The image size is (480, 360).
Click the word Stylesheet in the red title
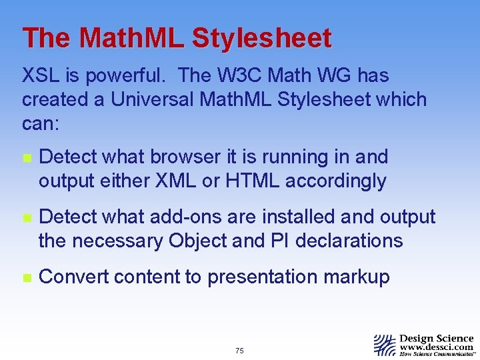click(x=261, y=39)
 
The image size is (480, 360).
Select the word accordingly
click(x=334, y=181)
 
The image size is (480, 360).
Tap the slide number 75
click(x=239, y=351)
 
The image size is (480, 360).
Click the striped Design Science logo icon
click(x=384, y=345)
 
